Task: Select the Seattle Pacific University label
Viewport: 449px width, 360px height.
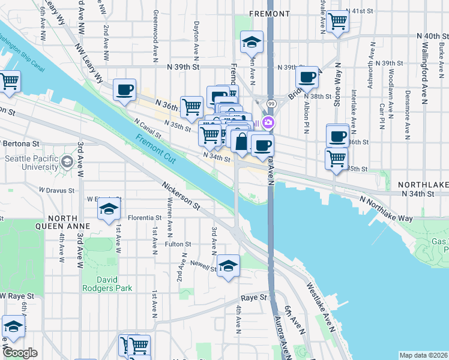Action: pyautogui.click(x=33, y=164)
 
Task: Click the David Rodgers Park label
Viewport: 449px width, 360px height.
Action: pyautogui.click(x=115, y=283)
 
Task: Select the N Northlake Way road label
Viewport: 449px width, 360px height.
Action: pyautogui.click(x=386, y=208)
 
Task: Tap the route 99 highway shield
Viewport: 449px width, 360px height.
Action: pyautogui.click(x=271, y=104)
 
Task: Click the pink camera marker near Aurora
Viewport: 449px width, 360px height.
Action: pyautogui.click(x=268, y=124)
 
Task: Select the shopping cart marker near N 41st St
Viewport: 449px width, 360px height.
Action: pyautogui.click(x=339, y=21)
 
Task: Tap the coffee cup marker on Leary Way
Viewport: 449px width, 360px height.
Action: pyautogui.click(x=124, y=90)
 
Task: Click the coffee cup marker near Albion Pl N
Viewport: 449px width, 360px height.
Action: pyautogui.click(x=307, y=77)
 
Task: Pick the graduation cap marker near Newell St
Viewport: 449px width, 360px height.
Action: pyautogui.click(x=228, y=266)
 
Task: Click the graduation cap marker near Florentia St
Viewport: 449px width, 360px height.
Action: pyautogui.click(x=109, y=208)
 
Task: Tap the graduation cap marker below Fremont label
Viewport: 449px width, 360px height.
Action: pyautogui.click(x=252, y=42)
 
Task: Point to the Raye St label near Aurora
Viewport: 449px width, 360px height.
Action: pyautogui.click(x=254, y=298)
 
